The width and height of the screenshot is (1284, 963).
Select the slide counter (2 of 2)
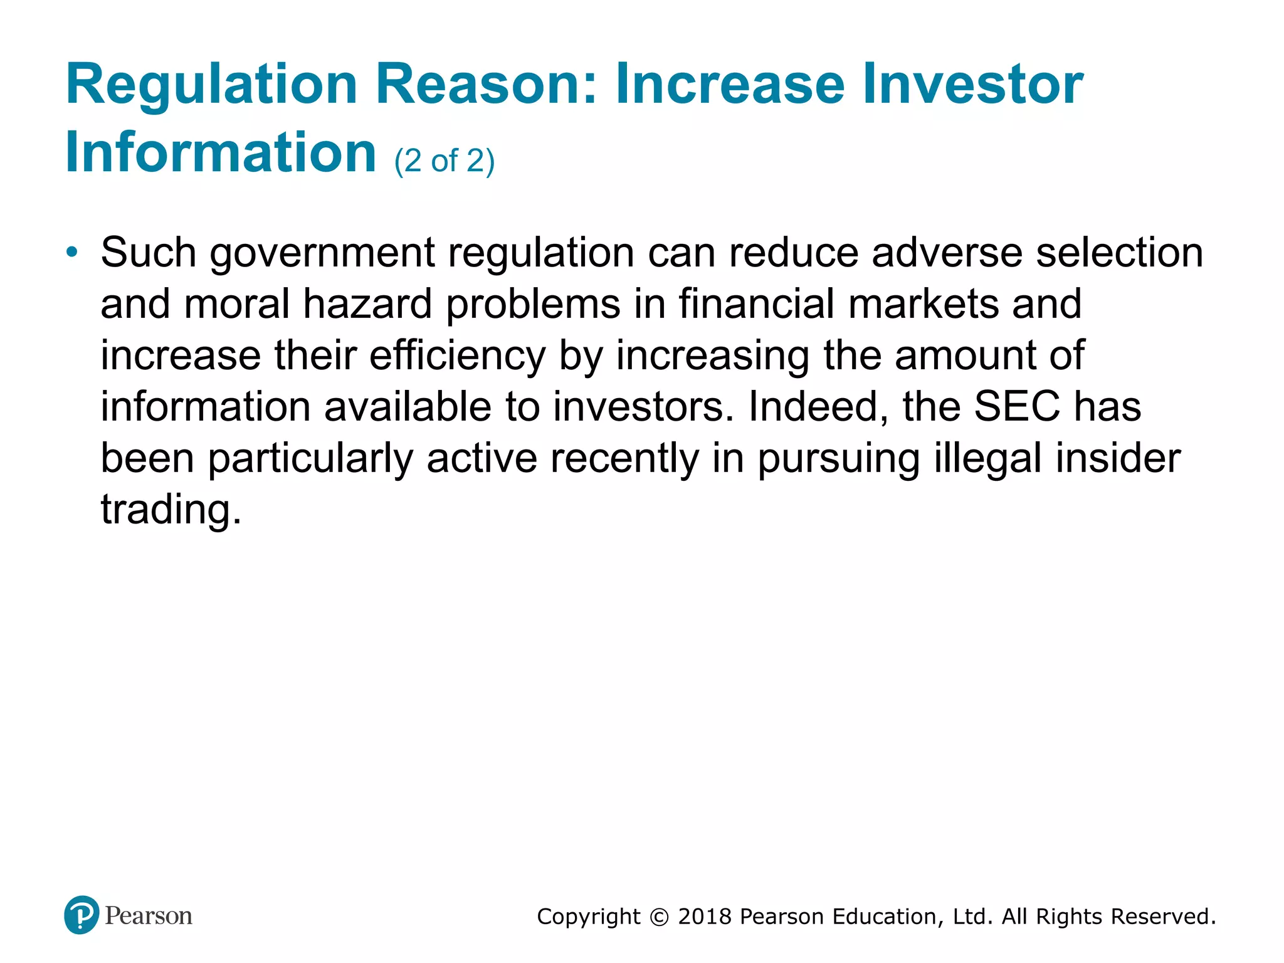coord(445,161)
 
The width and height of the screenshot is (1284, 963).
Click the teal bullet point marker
coord(73,252)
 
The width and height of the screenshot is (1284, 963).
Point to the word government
coord(322,254)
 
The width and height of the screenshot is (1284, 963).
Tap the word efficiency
coord(458,356)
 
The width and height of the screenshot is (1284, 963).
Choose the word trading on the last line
coord(171,510)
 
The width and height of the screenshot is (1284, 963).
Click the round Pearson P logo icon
coord(82,915)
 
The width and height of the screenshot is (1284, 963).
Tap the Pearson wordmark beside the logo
coord(149,916)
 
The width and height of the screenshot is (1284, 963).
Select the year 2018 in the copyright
coord(705,917)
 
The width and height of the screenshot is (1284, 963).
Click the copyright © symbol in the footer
coord(659,917)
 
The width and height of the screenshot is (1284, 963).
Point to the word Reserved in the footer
coord(1163,917)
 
